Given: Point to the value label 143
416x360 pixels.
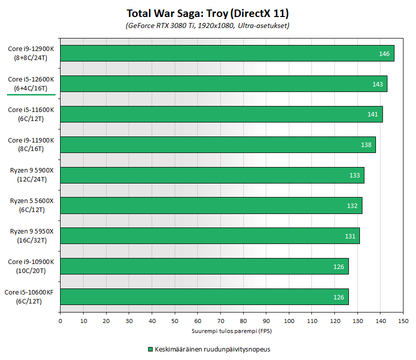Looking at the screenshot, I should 377,84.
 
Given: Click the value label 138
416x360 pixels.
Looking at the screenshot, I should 366,145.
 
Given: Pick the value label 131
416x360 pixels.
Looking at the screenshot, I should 350,236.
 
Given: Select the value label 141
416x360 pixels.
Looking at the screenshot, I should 372,114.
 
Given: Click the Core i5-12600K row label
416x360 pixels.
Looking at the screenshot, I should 31,84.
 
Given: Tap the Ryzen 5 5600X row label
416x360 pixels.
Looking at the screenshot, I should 31,205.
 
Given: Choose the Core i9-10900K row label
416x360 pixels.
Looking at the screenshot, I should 31,266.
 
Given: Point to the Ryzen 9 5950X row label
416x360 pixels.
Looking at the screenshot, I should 31,236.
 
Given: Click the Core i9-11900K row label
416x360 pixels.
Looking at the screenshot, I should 31,144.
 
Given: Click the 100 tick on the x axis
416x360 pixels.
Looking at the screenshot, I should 289,321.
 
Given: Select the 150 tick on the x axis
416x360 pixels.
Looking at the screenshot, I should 403,321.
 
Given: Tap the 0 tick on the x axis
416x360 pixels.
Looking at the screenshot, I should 60,321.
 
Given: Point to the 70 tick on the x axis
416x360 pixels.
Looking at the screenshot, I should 220,321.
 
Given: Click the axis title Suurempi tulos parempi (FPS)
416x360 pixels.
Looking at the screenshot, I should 231,330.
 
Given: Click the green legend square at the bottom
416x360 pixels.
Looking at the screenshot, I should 150,349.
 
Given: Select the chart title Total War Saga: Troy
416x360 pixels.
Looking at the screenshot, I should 208,13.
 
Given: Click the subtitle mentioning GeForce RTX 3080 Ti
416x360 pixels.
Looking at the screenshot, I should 208,25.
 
